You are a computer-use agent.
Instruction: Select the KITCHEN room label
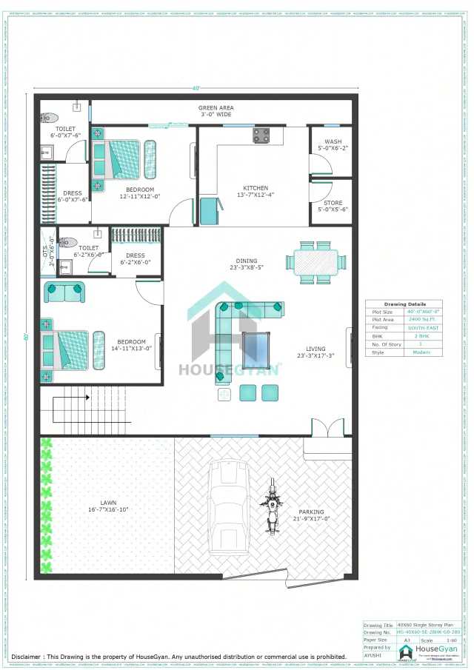pyautogui.click(x=256, y=192)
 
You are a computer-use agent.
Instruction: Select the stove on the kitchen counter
pyautogui.click(x=262, y=136)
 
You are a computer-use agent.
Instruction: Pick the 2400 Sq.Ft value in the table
pyautogui.click(x=420, y=319)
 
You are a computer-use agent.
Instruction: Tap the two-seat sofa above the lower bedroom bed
pyautogui.click(x=64, y=292)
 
